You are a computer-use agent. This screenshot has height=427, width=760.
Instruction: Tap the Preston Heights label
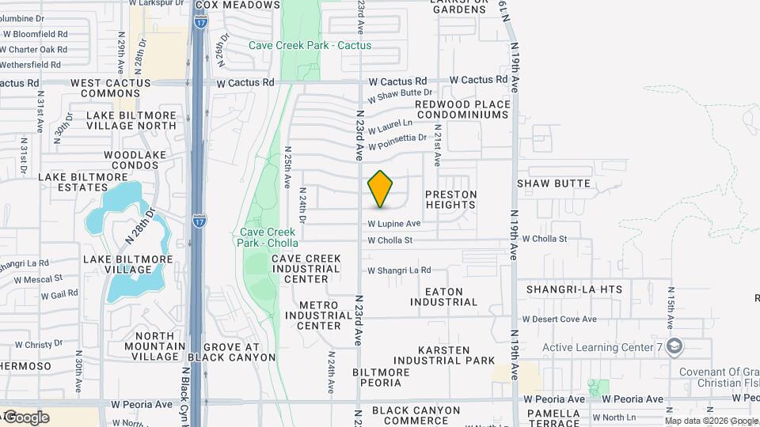(x=450, y=199)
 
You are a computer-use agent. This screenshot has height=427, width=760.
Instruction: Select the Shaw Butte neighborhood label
(x=554, y=183)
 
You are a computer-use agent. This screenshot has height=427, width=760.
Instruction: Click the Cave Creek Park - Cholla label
(x=268, y=237)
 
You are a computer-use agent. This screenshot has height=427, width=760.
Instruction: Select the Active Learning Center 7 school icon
(x=674, y=346)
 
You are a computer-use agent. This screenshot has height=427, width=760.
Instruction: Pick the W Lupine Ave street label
(x=393, y=224)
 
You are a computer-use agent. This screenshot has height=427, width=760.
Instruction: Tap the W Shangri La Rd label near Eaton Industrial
(x=399, y=270)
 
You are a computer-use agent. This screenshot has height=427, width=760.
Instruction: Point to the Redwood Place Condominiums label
(x=462, y=109)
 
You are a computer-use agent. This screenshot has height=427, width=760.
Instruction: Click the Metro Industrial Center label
(x=319, y=315)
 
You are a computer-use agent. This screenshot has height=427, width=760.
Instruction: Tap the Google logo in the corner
(x=25, y=417)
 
